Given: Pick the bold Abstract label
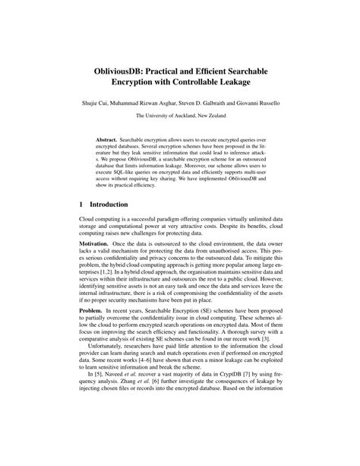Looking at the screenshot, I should point(109,141).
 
